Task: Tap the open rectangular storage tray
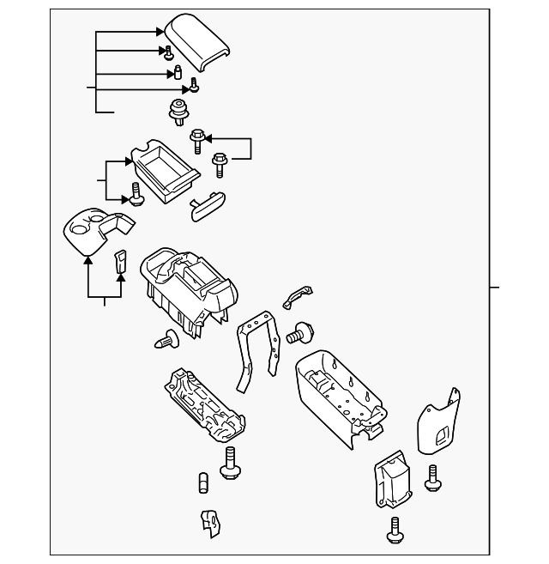[164, 167]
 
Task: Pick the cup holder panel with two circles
[96, 229]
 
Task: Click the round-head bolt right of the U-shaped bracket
[300, 331]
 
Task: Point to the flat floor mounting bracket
[206, 403]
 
